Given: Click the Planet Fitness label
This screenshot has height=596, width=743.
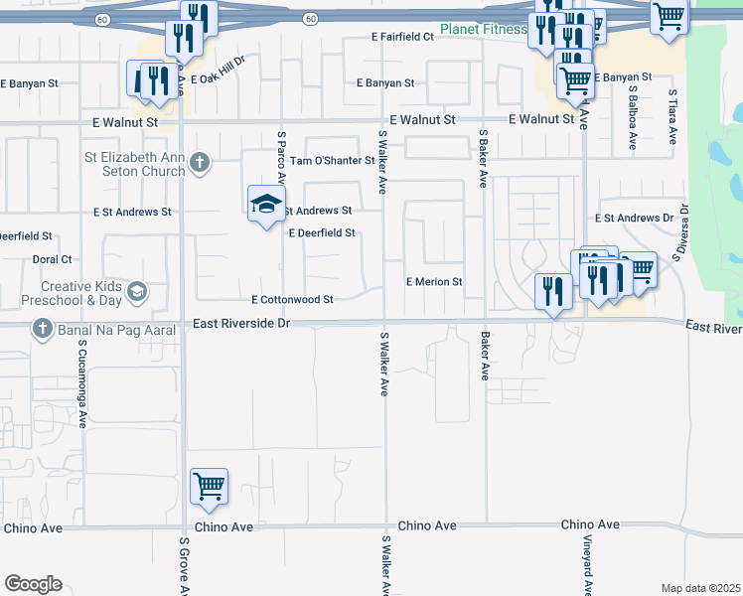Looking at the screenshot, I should (484, 29).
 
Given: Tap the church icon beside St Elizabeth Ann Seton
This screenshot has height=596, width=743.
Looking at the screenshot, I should (200, 162).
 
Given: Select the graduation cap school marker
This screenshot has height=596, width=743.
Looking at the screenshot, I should (265, 205).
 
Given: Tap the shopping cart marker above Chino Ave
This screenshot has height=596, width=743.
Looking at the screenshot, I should (210, 487).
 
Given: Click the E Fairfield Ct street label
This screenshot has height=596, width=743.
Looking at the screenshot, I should (402, 37).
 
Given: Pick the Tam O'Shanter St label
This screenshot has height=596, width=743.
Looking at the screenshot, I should (332, 160).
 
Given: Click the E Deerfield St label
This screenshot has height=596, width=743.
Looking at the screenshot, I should (322, 233).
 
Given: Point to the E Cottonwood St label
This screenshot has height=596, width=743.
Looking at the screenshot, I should (292, 299).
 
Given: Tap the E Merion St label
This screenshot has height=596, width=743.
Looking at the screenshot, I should (434, 282).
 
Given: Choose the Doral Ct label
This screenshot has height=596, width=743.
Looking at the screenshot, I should (52, 259).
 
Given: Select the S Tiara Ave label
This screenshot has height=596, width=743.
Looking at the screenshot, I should (672, 115).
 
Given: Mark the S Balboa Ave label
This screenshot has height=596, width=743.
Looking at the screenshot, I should (633, 117).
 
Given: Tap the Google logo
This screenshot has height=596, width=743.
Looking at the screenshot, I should (33, 584).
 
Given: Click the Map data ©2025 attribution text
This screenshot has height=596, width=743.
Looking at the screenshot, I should (700, 588).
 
